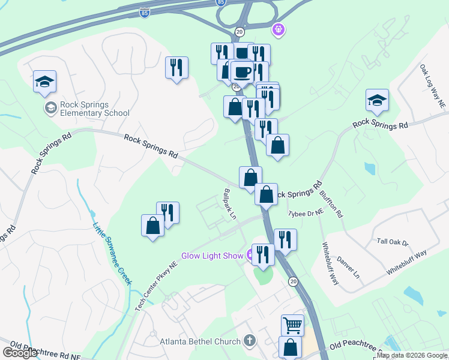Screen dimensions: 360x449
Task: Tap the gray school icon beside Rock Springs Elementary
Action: (50, 108)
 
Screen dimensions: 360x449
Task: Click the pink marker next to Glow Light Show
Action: (249, 255)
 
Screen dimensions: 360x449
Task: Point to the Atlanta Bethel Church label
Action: (200, 342)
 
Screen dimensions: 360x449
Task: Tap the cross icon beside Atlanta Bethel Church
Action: (249, 341)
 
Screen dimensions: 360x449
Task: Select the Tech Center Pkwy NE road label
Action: (157, 285)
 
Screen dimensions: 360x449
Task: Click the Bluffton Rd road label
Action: (331, 203)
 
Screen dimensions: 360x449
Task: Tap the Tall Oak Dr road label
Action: (392, 242)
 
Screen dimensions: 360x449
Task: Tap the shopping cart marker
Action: (292, 325)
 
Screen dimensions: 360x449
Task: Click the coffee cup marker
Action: (241, 71)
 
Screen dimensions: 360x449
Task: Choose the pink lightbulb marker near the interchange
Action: (278, 28)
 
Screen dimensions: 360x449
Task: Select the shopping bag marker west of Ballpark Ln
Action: (153, 226)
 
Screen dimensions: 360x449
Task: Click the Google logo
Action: (19, 353)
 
